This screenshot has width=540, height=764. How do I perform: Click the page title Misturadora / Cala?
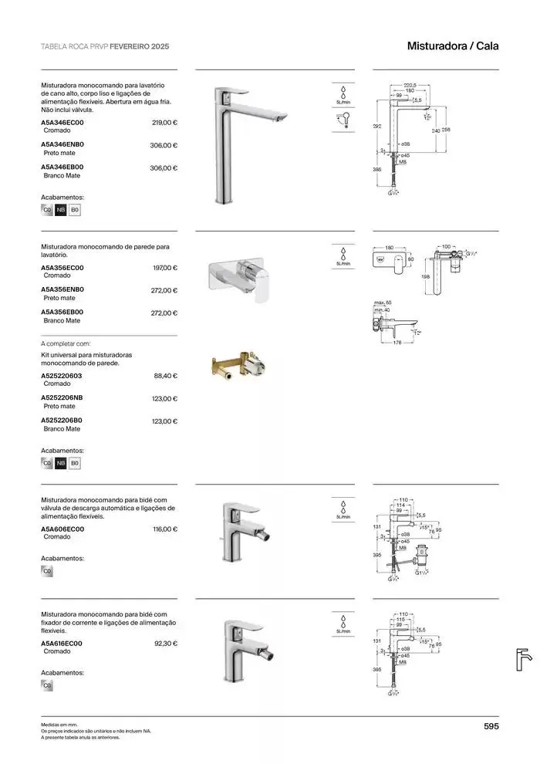(x=453, y=46)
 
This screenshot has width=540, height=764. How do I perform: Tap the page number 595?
(x=491, y=725)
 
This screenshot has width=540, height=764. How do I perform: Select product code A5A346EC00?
(x=62, y=123)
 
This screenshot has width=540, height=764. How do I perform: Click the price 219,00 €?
(x=164, y=123)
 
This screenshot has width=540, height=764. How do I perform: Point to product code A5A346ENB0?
(x=62, y=145)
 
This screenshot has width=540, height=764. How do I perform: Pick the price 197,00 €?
(x=164, y=268)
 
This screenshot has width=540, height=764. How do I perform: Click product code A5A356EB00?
(x=62, y=312)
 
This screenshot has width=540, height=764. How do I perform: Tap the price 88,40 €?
(x=166, y=376)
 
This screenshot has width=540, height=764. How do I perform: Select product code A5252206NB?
(x=62, y=398)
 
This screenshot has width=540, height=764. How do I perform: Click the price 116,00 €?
(x=164, y=529)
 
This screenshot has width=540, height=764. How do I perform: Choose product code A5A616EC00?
(x=62, y=643)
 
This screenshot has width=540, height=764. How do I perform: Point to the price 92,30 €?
(x=166, y=643)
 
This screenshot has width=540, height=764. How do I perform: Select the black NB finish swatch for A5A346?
(x=61, y=210)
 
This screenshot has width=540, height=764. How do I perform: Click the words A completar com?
(x=66, y=343)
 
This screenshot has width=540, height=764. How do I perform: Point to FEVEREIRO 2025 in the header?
(x=139, y=46)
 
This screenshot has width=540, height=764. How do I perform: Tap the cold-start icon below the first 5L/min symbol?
(x=343, y=120)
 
